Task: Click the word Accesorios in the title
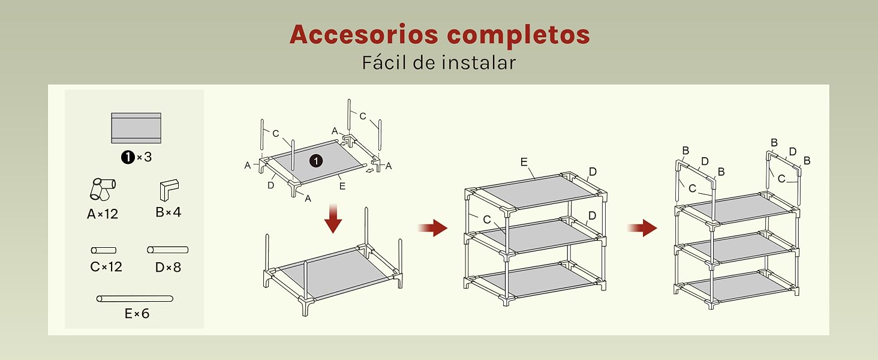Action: [x=364, y=34]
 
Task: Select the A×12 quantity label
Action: [x=103, y=214]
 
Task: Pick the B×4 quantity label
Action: [x=168, y=212]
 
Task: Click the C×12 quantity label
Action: [x=106, y=266]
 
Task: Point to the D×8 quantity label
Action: [x=168, y=267]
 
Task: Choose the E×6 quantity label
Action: [x=137, y=313]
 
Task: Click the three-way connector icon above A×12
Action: [x=103, y=189]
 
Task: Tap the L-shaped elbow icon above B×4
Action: [x=169, y=190]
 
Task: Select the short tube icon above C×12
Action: [x=104, y=250]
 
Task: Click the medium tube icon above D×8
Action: [x=168, y=250]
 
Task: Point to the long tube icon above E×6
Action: [x=135, y=299]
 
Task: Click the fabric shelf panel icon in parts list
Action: [x=136, y=128]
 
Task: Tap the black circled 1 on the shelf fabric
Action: [x=316, y=161]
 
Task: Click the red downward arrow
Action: [x=333, y=218]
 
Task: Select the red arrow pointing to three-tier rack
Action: [x=433, y=228]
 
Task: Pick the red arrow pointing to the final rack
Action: [x=642, y=228]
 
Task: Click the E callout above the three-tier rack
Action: [x=524, y=162]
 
